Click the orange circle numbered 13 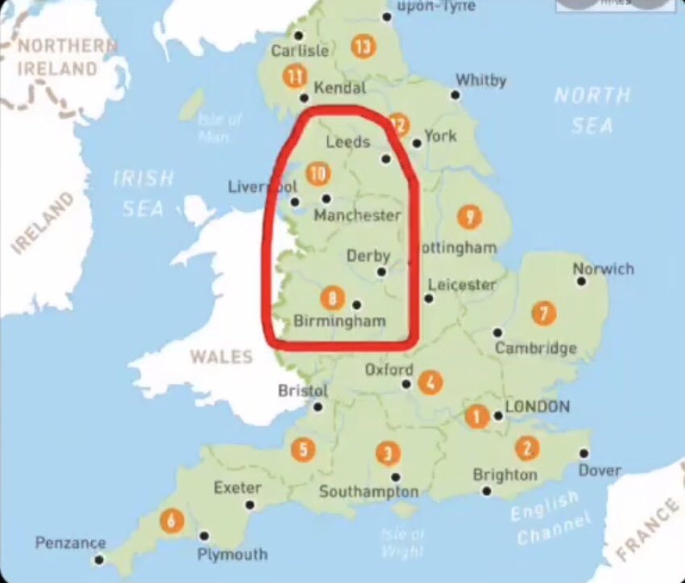(363, 47)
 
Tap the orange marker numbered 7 (544, 313)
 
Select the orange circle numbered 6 (171, 520)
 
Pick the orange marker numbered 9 (468, 216)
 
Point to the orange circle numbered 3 (388, 453)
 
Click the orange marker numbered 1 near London (476, 416)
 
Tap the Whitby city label (481, 80)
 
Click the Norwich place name (604, 269)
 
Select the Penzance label (70, 543)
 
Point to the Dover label (600, 470)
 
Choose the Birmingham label (339, 321)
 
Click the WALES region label (221, 356)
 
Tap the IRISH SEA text (143, 193)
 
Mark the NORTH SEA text (592, 110)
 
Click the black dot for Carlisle (299, 35)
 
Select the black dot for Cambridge (498, 332)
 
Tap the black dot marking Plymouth (204, 535)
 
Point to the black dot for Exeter (250, 505)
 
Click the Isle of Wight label (402, 541)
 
